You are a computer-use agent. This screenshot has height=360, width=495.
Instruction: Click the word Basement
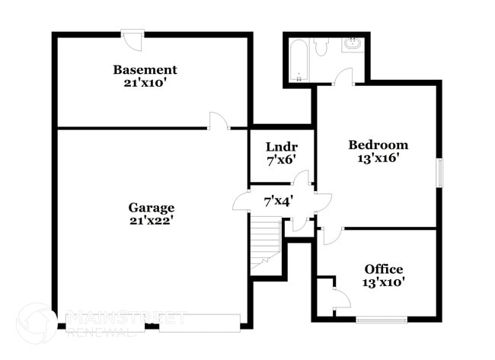(145, 70)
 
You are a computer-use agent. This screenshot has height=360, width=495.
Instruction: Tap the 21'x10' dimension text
(145, 83)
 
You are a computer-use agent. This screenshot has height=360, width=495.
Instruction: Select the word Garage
(151, 208)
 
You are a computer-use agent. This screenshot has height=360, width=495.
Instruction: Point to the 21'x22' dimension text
(151, 221)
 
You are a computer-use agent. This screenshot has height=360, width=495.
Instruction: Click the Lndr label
(281, 147)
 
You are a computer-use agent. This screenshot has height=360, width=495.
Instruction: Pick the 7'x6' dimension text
(281, 160)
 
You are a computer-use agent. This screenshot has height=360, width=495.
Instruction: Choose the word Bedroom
(378, 145)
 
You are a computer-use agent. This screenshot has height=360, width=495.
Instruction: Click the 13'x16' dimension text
(378, 158)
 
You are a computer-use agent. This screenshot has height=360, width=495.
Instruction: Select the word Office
(384, 269)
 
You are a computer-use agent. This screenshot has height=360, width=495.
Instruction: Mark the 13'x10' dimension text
(384, 282)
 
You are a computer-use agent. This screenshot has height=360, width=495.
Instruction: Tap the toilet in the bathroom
(321, 47)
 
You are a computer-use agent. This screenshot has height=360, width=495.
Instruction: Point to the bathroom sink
(353, 44)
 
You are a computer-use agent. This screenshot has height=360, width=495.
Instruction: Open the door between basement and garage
(219, 121)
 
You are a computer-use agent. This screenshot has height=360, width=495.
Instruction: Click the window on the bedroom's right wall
(438, 171)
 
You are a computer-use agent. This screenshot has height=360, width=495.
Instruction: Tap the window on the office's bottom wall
(382, 319)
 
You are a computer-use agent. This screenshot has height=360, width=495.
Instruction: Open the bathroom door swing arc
(343, 77)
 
